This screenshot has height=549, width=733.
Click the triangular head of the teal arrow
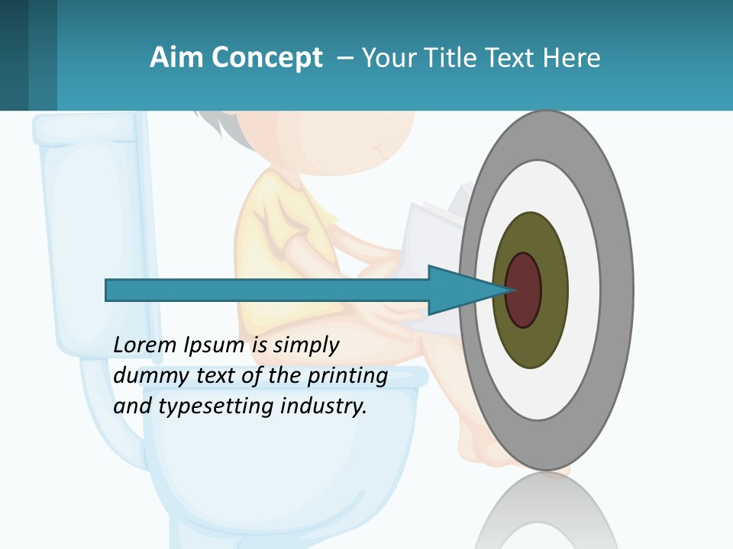tap(458, 290)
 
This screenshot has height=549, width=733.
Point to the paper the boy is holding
tap(428, 229)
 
